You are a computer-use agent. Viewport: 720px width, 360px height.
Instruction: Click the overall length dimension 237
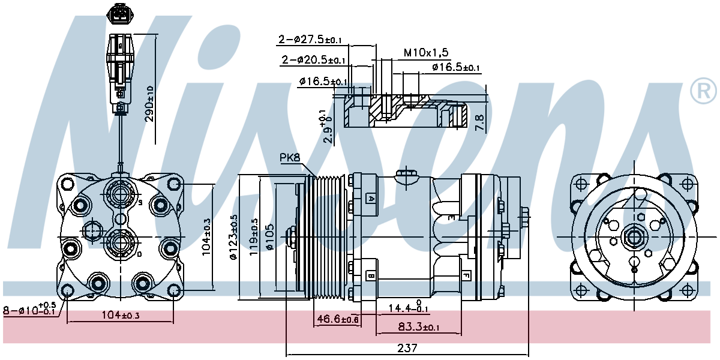407,348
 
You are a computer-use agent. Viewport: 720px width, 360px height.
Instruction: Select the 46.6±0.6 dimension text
337,319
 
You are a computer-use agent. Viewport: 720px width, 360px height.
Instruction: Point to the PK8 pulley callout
290,157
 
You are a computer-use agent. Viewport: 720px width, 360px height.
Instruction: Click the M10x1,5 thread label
426,52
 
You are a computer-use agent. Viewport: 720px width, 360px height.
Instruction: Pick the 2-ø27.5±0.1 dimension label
310,40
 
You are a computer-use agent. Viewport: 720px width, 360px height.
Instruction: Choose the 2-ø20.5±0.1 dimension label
313,59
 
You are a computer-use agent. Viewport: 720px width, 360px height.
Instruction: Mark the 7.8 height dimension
479,122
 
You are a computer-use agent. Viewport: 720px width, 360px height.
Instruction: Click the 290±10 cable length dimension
149,103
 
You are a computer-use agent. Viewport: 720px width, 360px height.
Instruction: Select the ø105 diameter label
269,237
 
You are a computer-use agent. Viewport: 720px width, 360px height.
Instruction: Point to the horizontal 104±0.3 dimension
121,314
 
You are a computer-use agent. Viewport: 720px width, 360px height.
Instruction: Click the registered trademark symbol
704,91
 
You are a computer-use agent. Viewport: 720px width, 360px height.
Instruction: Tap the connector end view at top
120,13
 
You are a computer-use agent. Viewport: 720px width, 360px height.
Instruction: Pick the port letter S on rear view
140,203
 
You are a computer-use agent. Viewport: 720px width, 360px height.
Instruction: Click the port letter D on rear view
139,254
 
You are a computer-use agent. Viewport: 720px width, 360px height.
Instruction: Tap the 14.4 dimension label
409,308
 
